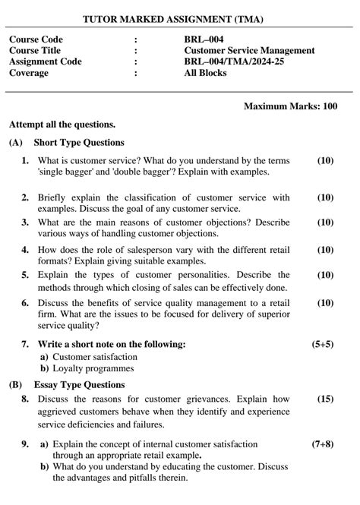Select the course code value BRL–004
(x=204, y=39)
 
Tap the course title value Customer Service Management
(x=248, y=51)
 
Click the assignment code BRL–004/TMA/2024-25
(x=234, y=62)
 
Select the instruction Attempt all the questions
(x=62, y=124)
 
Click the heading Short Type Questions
(x=79, y=142)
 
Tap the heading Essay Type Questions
(x=79, y=385)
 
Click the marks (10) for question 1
(x=324, y=161)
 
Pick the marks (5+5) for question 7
(x=322, y=344)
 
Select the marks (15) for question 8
(x=324, y=399)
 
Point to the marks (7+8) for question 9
(x=322, y=443)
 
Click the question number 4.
(x=25, y=250)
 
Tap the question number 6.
(x=25, y=303)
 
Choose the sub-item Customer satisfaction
(x=94, y=356)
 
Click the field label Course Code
(x=36, y=39)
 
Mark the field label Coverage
(x=29, y=73)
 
